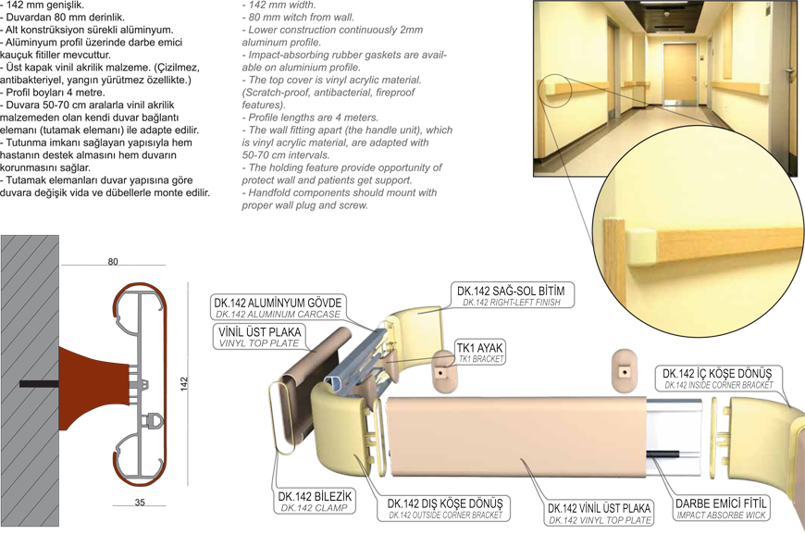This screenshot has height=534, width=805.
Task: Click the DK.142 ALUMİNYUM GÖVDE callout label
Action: (278, 307)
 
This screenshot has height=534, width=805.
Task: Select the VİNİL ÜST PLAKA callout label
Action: (259, 336)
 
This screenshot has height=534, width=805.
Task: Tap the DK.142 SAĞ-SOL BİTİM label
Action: (512, 295)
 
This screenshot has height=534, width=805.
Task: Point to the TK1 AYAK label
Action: (480, 352)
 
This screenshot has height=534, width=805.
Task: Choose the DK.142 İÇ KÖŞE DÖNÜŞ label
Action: (717, 378)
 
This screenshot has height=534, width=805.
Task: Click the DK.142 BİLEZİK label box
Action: (315, 501)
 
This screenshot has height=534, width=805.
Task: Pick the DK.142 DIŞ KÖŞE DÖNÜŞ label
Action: (445, 508)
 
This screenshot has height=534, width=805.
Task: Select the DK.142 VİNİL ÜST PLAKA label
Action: (600, 513)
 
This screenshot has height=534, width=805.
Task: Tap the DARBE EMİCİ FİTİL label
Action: (720, 508)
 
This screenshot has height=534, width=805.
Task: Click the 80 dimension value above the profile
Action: (113, 261)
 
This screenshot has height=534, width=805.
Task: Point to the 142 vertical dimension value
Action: (184, 384)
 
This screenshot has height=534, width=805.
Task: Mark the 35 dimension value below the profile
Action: (140, 503)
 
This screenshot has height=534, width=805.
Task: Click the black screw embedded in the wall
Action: (39, 383)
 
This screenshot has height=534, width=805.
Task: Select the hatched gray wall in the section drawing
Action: (30, 380)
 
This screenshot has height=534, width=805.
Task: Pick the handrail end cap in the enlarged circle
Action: (642, 249)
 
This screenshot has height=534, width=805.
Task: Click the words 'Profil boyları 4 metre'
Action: (55, 93)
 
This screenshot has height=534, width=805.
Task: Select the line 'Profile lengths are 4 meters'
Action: (313, 117)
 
